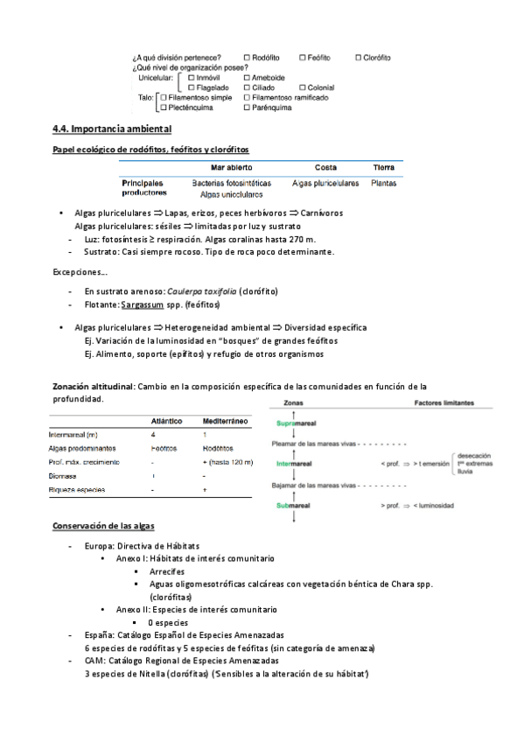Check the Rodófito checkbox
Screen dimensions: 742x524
(x=248, y=58)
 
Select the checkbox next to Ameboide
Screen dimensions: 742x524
(x=248, y=77)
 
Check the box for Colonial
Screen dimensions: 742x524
(x=303, y=87)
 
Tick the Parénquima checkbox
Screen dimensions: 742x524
(x=248, y=108)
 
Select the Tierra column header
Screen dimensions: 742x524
(x=383, y=167)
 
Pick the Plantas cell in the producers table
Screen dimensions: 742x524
(x=383, y=184)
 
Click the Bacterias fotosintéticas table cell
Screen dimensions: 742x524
(x=231, y=184)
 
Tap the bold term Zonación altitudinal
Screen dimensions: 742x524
(x=93, y=386)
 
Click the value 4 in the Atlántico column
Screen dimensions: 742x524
(x=154, y=434)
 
